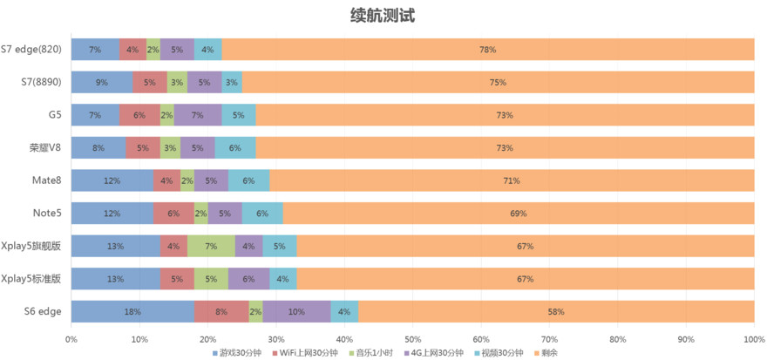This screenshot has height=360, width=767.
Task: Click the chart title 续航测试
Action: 383,16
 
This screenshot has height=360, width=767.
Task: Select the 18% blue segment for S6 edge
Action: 132,311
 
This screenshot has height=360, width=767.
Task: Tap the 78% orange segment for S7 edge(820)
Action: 488,50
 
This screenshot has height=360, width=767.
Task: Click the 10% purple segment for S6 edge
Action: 296,311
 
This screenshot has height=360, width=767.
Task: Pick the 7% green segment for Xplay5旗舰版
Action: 211,246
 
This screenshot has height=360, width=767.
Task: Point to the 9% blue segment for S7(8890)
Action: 102,83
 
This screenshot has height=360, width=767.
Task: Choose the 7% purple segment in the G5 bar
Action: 197,115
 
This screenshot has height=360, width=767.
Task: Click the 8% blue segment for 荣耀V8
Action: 98,148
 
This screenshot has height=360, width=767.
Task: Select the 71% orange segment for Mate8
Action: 512,180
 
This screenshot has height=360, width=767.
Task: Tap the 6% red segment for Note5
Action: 173,214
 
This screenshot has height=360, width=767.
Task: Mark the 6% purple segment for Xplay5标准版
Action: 248,279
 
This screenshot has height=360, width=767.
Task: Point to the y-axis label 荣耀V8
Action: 44,148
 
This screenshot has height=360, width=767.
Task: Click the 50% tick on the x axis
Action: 413,339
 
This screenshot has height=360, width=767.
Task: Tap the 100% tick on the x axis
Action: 754,339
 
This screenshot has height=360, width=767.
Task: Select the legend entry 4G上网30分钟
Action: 439,353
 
